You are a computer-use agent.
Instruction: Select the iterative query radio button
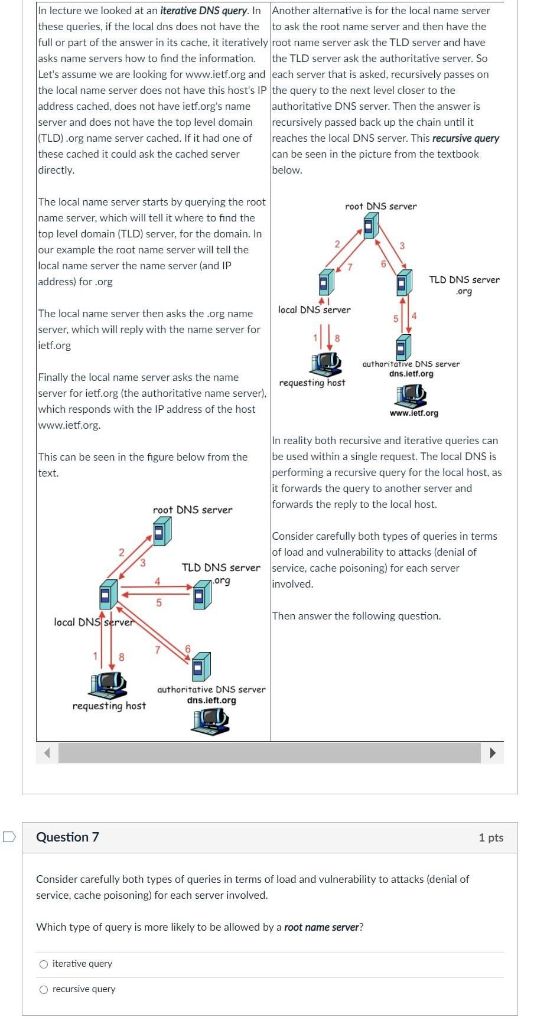pyautogui.click(x=44, y=964)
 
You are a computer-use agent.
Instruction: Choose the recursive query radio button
pyautogui.click(x=44, y=990)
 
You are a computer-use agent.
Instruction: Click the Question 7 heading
pyautogui.click(x=67, y=837)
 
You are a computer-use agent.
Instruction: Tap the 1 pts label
pyautogui.click(x=491, y=837)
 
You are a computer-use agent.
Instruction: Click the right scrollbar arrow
pyautogui.click(x=493, y=753)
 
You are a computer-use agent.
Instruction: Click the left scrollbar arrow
pyautogui.click(x=47, y=753)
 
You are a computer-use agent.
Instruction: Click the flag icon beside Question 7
pyautogui.click(x=8, y=837)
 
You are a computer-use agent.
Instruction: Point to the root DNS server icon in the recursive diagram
pyautogui.click(x=370, y=226)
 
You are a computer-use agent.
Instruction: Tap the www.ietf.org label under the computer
pyautogui.click(x=413, y=413)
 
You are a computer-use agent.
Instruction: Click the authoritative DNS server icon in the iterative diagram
pyautogui.click(x=200, y=666)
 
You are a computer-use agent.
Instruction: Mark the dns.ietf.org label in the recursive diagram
pyautogui.click(x=411, y=374)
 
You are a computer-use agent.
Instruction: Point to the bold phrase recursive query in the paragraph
pyautogui.click(x=465, y=138)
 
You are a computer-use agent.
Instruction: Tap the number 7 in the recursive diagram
pyautogui.click(x=350, y=268)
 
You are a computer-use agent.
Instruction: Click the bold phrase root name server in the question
pyautogui.click(x=321, y=927)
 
